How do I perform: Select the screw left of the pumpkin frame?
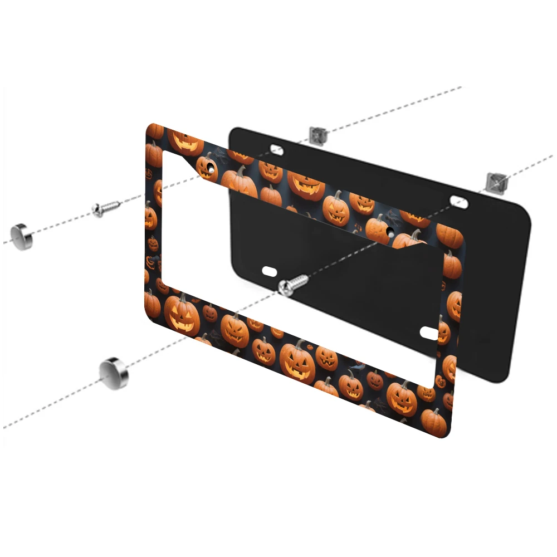(106, 209)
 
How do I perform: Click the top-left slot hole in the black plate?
(276, 148)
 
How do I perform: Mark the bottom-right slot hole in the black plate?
(430, 333)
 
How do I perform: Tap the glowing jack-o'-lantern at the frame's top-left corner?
(185, 141)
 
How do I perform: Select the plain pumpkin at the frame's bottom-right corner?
(434, 422)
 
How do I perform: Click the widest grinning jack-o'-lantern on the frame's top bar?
(305, 184)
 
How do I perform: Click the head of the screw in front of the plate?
(285, 287)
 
